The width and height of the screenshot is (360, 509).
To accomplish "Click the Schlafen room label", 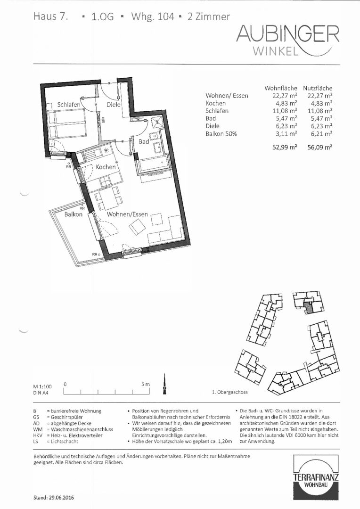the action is point(68,105).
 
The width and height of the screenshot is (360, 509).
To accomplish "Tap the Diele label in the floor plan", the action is point(114,105).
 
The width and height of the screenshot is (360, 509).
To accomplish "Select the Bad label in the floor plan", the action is point(144,141).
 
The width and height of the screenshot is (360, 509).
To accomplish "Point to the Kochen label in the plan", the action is point(106,167).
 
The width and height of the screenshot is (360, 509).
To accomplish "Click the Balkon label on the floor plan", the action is point(74,214).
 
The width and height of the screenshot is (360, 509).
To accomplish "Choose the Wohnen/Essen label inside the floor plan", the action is point(127,214).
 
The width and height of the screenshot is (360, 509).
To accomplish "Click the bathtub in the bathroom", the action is point(154,164).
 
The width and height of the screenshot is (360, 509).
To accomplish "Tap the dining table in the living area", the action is point(108,199).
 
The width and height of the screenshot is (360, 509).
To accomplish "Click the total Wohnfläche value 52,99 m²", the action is point(285,148).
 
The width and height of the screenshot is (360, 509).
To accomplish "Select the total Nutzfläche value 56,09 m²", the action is point(320,148).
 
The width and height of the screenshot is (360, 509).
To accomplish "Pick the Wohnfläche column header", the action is point(281,88).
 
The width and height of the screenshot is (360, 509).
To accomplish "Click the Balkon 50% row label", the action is point(221,133).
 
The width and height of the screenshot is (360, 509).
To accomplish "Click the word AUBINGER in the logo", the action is point(288,34).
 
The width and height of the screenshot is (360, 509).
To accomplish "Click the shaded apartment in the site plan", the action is point(310,307).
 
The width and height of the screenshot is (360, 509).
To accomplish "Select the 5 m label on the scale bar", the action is point(146,385).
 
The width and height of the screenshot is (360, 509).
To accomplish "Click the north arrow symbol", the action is point(164,385).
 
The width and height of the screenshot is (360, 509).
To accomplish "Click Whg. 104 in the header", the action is point(153,17).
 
